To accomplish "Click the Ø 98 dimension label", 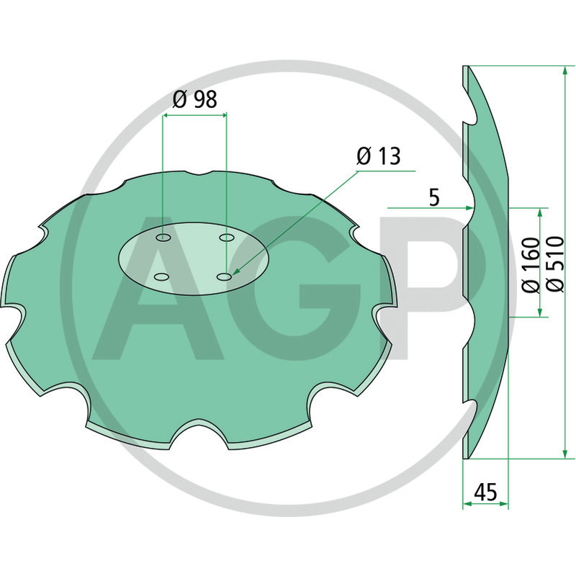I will (x=194, y=99).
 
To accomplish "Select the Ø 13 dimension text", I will (x=379, y=156).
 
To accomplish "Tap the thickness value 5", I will (x=433, y=196).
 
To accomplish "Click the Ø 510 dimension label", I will (x=555, y=264).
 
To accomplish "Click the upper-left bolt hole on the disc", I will (x=163, y=237).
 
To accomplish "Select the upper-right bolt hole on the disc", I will (x=227, y=237).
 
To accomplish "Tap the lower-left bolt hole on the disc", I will (x=162, y=277).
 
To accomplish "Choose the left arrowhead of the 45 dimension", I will (x=465, y=505).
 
